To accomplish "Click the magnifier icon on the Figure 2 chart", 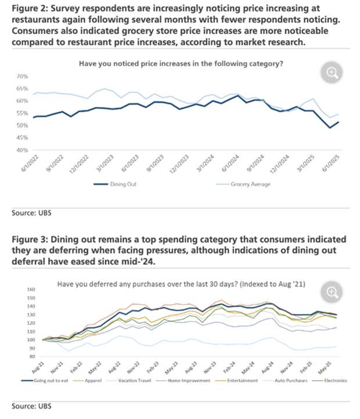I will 332,73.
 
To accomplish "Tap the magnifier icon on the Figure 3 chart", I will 332,292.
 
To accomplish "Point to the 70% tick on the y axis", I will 22,77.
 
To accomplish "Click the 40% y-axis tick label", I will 22,150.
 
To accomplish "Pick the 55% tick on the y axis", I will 22,113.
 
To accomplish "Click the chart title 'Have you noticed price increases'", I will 181,63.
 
